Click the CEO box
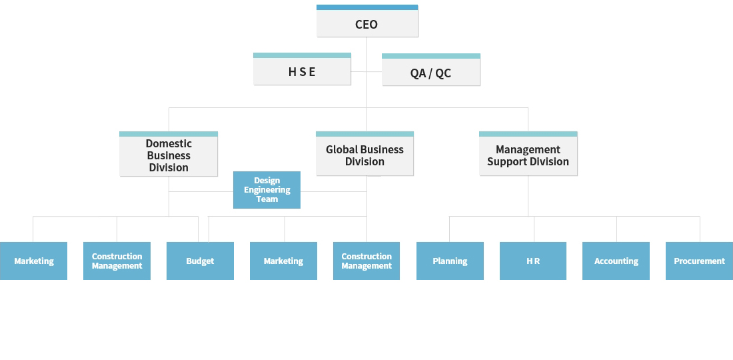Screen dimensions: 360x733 [366, 24]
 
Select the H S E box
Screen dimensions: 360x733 [302, 72]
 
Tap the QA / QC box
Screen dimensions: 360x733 [430, 73]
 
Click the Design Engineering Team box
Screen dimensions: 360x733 [267, 190]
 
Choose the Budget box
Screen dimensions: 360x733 [200, 261]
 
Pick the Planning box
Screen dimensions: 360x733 [450, 261]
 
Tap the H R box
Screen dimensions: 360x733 [533, 261]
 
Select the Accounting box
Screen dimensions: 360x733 [616, 261]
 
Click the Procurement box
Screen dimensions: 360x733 [699, 261]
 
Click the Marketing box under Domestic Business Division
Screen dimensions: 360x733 [33, 261]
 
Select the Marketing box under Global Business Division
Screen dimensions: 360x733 [283, 261]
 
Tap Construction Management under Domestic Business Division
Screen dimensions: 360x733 [117, 261]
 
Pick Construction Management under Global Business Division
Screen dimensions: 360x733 [366, 261]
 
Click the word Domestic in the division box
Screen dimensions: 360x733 [169, 144]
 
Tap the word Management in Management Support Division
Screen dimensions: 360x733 [528, 149]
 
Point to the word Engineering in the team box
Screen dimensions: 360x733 [267, 190]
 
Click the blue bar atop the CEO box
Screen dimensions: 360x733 [367, 7]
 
